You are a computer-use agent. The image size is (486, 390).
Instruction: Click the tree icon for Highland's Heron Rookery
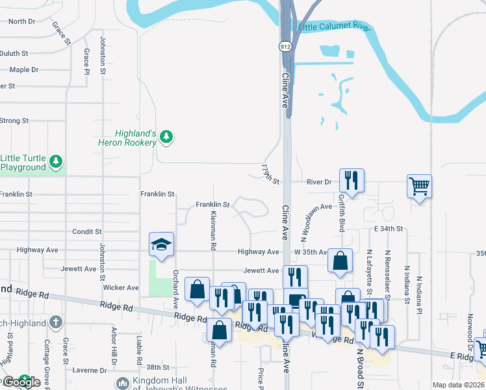(167, 136)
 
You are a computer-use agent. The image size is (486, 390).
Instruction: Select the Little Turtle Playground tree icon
(57, 161)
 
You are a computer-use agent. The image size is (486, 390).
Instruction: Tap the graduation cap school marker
(161, 244)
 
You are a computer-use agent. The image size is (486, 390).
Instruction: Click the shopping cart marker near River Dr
(419, 186)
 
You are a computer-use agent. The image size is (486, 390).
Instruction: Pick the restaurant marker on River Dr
(352, 180)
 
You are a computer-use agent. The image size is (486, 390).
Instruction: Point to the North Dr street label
(22, 21)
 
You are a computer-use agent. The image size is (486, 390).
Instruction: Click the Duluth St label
(14, 53)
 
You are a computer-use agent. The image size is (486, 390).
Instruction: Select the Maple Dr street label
(23, 70)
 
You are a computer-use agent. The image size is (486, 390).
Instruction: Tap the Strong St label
(14, 120)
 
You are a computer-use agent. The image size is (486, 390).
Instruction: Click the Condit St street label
(87, 231)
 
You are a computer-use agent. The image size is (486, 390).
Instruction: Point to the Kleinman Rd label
(212, 231)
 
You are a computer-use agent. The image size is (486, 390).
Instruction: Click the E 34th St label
(389, 229)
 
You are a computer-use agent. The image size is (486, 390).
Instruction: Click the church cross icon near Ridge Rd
(57, 322)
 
